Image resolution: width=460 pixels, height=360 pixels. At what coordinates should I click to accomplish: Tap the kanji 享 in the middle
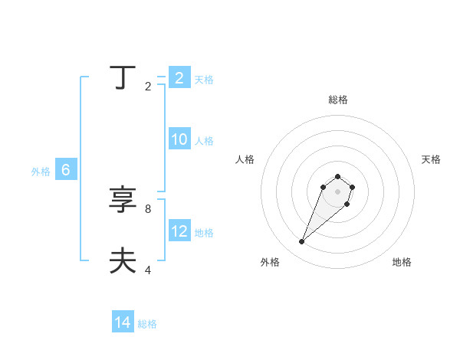[x=123, y=200]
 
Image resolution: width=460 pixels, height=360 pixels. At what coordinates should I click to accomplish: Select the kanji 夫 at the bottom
[x=123, y=261]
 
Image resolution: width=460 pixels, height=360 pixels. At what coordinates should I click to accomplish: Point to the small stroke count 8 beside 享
[x=148, y=208]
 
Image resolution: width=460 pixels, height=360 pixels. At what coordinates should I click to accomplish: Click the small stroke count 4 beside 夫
[x=148, y=270]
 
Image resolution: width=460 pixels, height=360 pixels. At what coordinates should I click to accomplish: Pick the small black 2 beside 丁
[x=148, y=86]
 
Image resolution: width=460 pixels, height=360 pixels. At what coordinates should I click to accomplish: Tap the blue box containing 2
[x=179, y=78]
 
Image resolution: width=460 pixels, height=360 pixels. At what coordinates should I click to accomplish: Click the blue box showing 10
[x=179, y=139]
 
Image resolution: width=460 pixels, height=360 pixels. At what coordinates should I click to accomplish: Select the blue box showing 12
[x=179, y=231]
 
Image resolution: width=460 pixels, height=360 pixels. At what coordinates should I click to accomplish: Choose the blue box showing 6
[x=66, y=170]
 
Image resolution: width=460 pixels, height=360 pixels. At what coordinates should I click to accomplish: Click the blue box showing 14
[x=123, y=322]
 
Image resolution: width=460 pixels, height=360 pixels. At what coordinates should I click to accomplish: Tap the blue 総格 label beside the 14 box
[x=147, y=324]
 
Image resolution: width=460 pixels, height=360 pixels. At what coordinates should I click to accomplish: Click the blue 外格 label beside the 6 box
[x=41, y=172]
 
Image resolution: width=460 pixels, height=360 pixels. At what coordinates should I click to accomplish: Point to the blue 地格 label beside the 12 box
[x=204, y=233]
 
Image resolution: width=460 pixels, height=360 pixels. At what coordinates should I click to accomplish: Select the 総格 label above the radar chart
[x=337, y=100]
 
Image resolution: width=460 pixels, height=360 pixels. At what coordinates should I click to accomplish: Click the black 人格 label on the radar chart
[x=245, y=159]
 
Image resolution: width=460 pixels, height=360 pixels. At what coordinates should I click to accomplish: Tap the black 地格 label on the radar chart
[x=402, y=262]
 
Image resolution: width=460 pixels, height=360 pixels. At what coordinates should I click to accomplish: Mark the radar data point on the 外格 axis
[x=302, y=242]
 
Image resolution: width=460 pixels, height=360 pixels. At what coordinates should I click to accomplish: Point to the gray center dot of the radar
[x=337, y=191]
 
